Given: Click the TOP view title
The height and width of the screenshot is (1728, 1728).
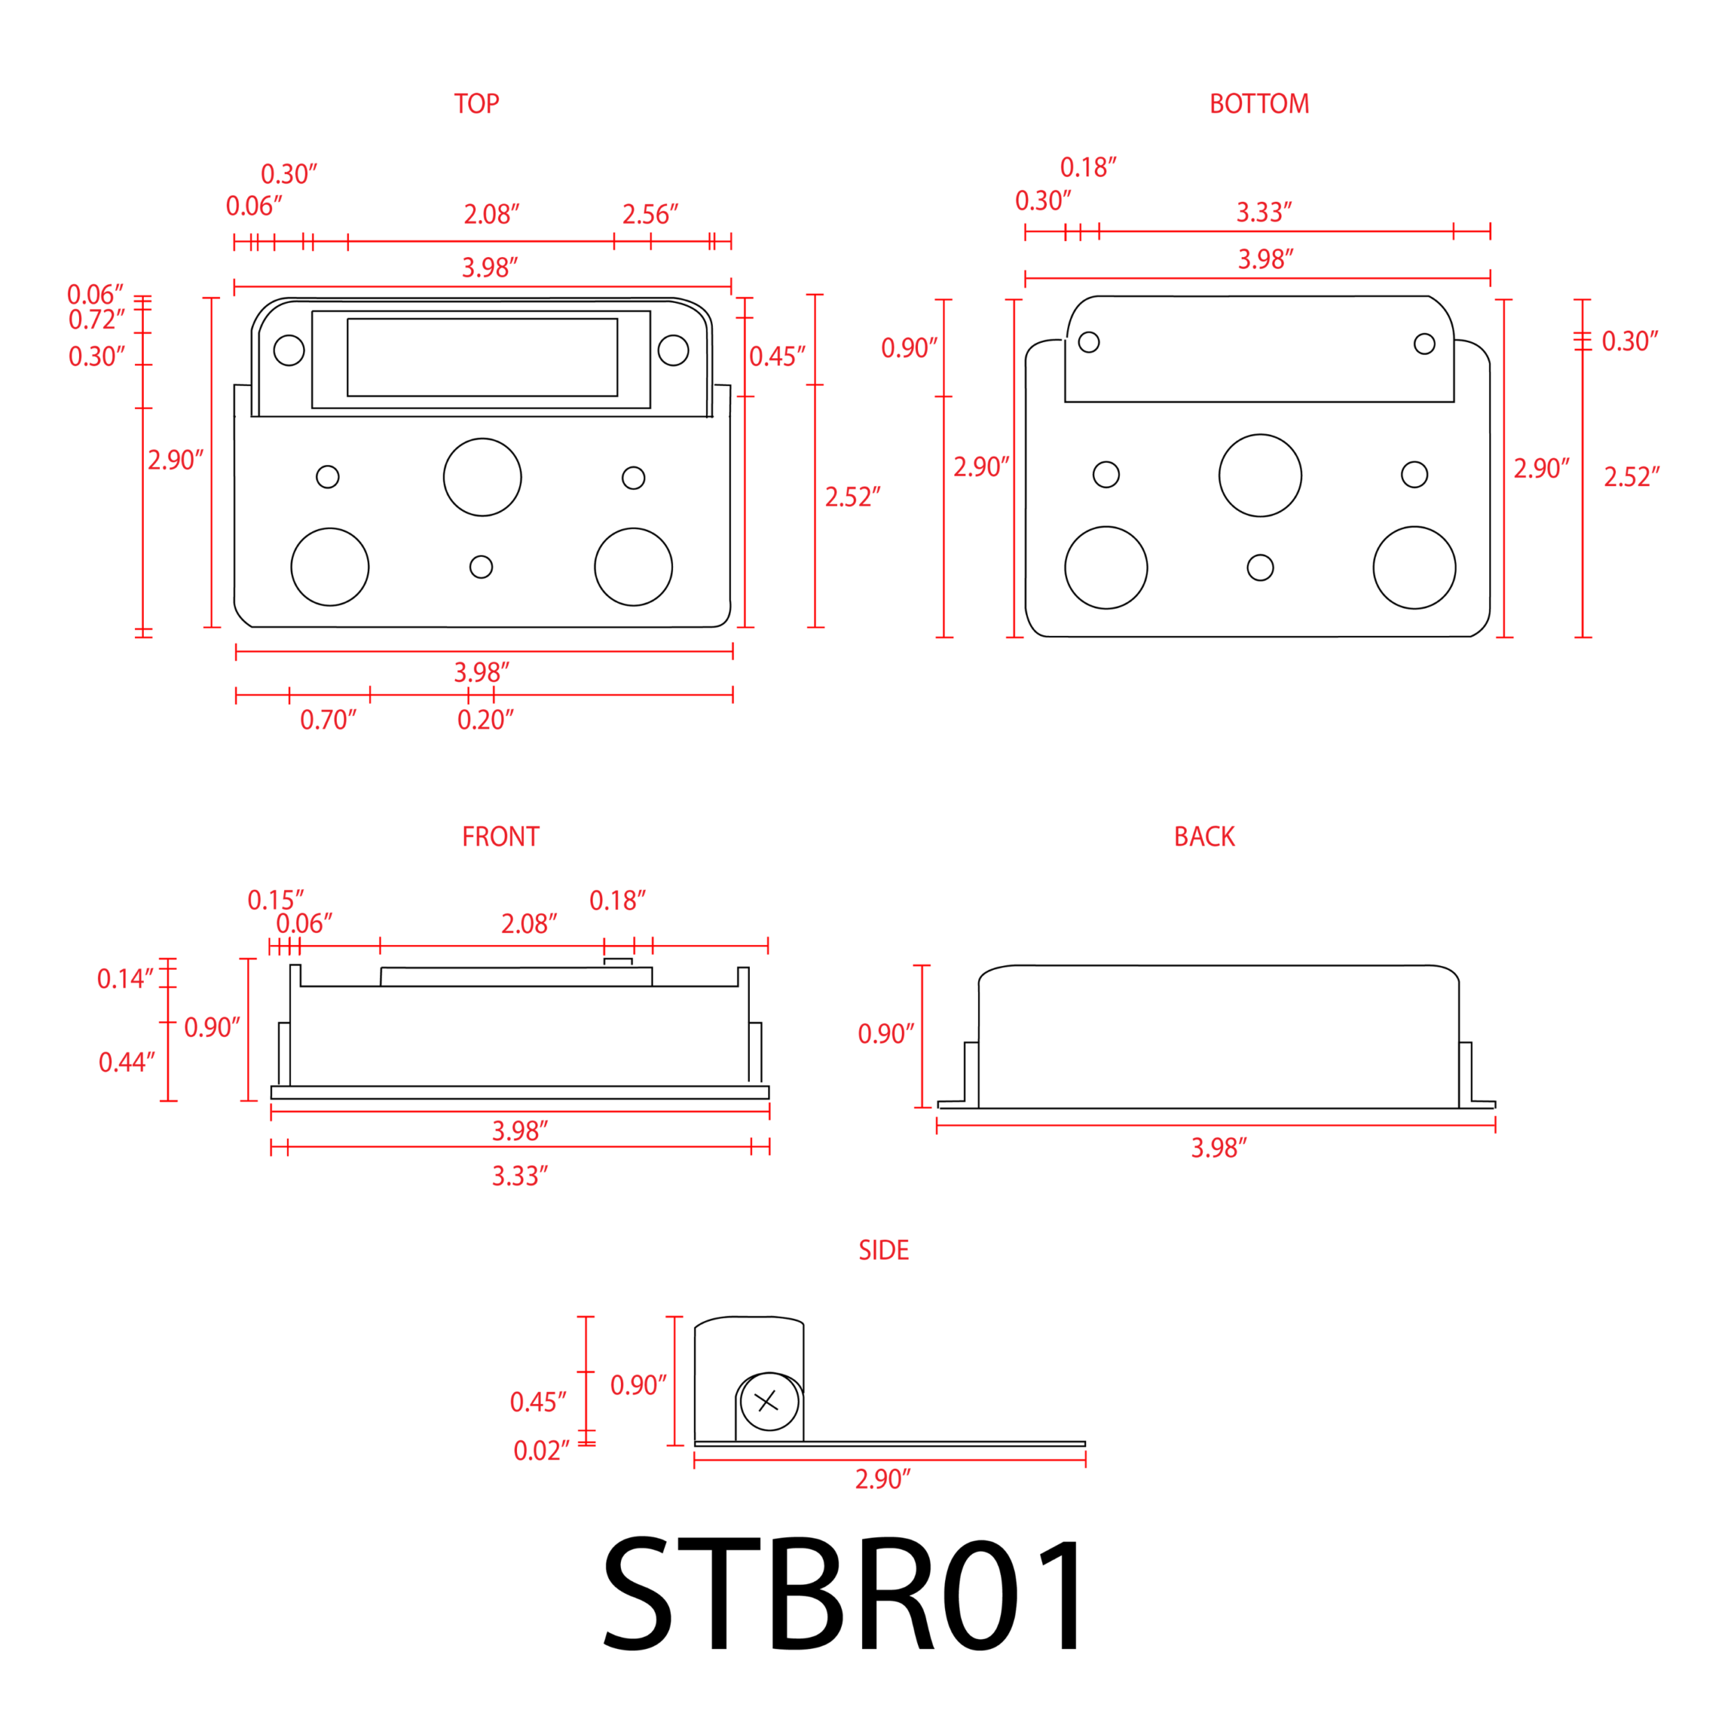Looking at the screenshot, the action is tap(477, 104).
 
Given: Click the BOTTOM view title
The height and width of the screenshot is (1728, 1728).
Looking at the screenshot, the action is tap(1260, 104).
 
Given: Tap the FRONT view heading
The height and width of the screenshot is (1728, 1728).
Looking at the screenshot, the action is tap(501, 836).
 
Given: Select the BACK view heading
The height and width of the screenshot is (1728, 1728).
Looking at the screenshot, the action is tap(1204, 836).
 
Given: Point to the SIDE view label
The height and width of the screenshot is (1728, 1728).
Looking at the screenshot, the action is tap(884, 1249).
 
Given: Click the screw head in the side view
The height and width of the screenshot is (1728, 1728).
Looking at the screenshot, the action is tap(769, 1401).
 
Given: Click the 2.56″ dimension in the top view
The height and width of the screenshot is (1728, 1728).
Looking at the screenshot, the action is tap(650, 215).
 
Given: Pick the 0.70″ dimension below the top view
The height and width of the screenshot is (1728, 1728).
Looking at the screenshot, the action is tap(328, 720).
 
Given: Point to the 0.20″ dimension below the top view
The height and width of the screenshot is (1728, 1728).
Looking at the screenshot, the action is tap(486, 720).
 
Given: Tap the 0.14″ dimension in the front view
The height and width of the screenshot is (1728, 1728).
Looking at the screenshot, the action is tap(126, 979).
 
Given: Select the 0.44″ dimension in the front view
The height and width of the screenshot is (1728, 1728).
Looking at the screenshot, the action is tap(127, 1062).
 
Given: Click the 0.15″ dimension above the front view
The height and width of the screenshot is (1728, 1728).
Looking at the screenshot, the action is tap(275, 900).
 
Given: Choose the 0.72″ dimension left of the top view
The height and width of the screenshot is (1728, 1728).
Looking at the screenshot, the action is tap(97, 319).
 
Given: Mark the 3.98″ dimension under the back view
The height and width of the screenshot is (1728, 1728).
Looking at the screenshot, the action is tap(1219, 1147).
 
